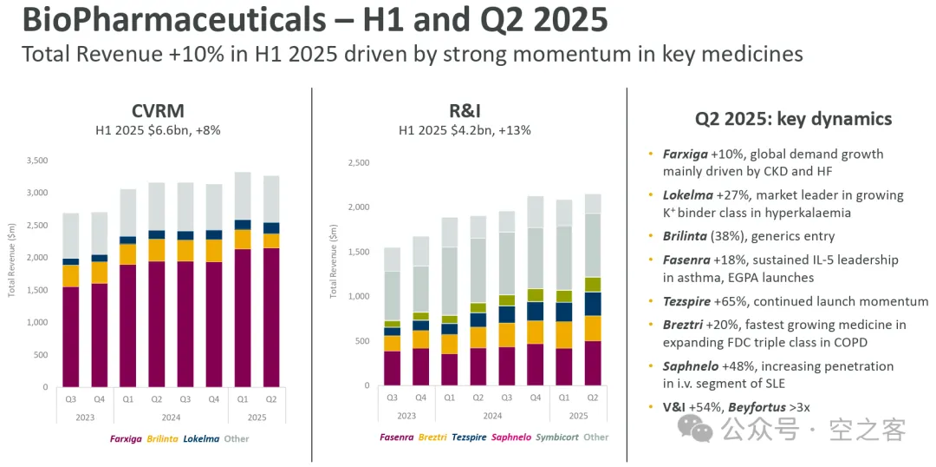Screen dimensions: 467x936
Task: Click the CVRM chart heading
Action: point(157,111)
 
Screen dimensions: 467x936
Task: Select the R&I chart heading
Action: point(465,111)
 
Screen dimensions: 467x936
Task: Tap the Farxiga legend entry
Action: point(127,438)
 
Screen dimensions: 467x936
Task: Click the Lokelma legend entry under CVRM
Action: point(201,438)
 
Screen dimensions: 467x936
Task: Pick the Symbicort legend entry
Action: point(556,437)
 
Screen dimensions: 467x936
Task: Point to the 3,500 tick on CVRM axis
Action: point(37,161)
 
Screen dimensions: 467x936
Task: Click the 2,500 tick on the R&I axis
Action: point(358,162)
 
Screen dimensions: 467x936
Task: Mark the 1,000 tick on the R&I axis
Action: point(358,296)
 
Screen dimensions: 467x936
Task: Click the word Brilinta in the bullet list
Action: point(686,235)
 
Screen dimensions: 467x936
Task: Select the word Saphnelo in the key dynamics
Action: point(690,366)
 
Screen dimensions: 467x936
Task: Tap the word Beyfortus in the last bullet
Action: point(763,405)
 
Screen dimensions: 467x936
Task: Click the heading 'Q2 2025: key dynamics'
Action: point(793,119)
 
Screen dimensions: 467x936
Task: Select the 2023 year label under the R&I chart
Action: point(406,415)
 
